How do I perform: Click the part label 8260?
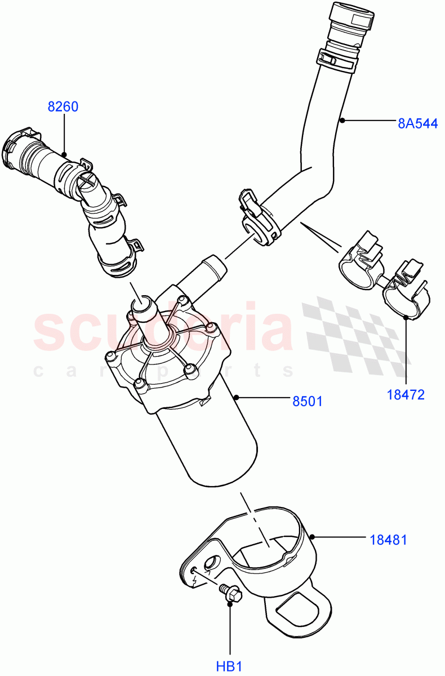coord(63,107)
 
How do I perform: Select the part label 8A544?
coord(417,123)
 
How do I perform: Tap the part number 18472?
coord(405,395)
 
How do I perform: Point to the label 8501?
coord(307,401)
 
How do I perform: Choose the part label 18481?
coord(388,540)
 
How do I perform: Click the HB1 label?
coord(229,667)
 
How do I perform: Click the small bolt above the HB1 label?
coord(230,593)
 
